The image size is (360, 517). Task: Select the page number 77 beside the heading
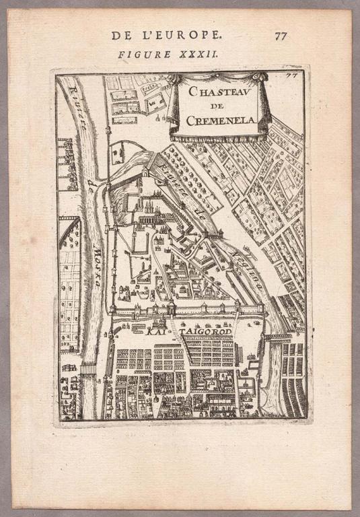(281, 36)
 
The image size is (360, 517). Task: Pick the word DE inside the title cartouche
(219, 105)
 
